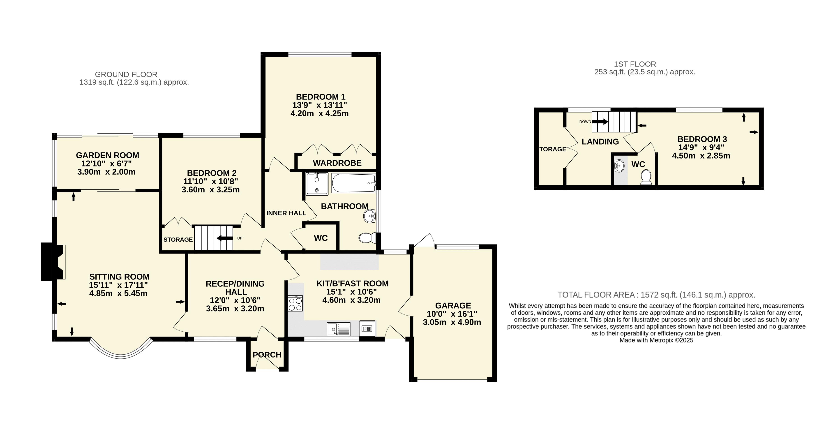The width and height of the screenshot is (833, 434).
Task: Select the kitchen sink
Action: click(338, 329)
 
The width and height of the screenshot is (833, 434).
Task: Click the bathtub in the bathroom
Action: click(353, 183)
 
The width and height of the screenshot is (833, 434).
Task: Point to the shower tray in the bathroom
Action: click(317, 184)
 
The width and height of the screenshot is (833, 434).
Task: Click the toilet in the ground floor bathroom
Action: click(367, 238)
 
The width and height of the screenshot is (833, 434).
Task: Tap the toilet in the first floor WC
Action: click(646, 178)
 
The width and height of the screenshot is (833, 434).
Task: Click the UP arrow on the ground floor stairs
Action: click(225, 238)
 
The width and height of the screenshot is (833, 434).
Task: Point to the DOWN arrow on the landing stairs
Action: click(600, 122)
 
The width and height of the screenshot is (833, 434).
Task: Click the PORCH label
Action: click(267, 355)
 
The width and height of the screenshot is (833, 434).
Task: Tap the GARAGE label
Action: click(453, 306)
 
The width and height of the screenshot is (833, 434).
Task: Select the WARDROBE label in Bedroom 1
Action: click(337, 163)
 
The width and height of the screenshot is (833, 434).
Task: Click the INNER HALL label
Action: click(286, 213)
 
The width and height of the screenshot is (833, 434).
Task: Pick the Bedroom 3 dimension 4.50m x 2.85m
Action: click(701, 156)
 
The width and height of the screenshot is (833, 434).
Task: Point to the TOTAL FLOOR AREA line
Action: click(656, 295)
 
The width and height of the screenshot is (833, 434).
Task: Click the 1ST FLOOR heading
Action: click(635, 64)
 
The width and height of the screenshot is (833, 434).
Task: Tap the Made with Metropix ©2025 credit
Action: click(656, 341)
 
